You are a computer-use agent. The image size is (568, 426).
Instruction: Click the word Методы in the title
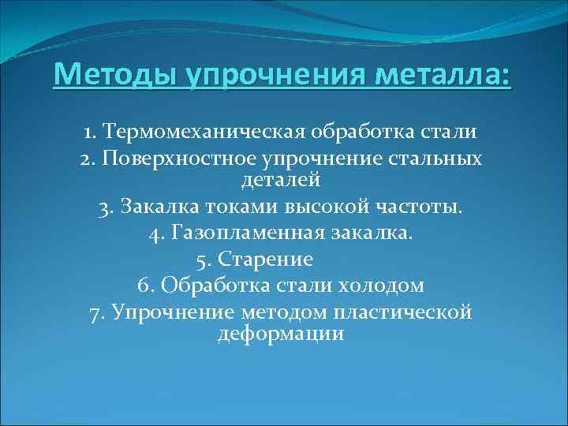115,78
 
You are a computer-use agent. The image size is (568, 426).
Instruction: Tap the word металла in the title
431,78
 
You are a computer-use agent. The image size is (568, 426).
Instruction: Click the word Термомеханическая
205,130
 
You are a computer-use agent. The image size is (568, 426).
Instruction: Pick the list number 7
97,312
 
